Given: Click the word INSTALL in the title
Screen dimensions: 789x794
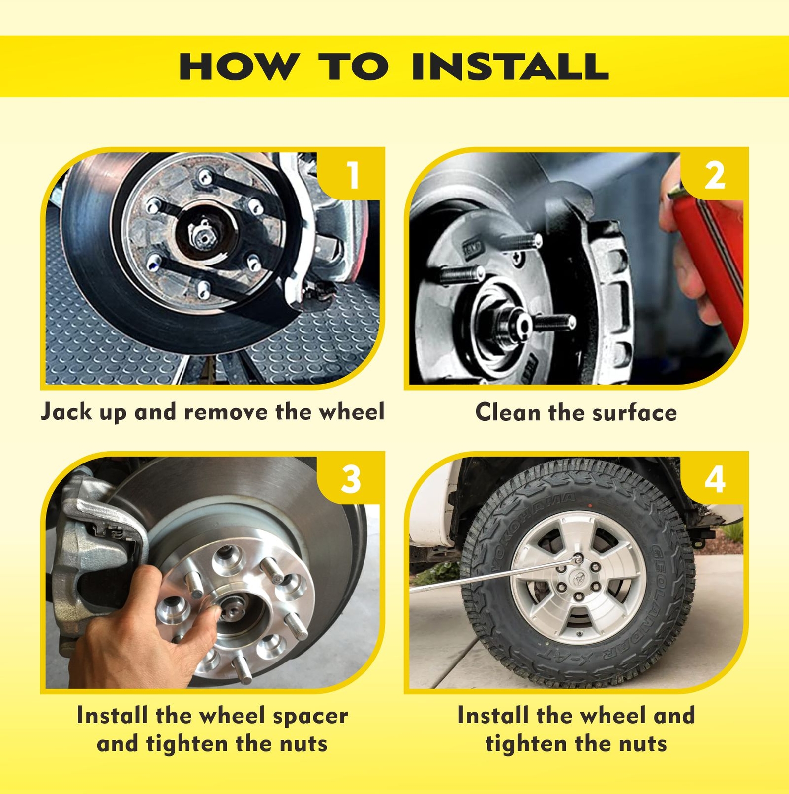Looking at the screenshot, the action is tap(510, 66).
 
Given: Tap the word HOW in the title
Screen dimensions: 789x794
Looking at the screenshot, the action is tap(239, 66).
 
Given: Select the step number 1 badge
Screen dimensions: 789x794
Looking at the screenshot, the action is tap(352, 175).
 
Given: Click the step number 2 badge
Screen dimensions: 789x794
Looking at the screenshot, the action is tap(715, 175).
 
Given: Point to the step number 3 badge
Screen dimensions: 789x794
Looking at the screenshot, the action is tap(352, 479).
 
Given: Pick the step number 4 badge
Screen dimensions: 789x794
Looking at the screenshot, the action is tap(715, 479).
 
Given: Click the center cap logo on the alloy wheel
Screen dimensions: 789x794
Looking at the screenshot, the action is tap(578, 578).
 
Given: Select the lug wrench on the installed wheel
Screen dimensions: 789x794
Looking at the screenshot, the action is tap(496, 573).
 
